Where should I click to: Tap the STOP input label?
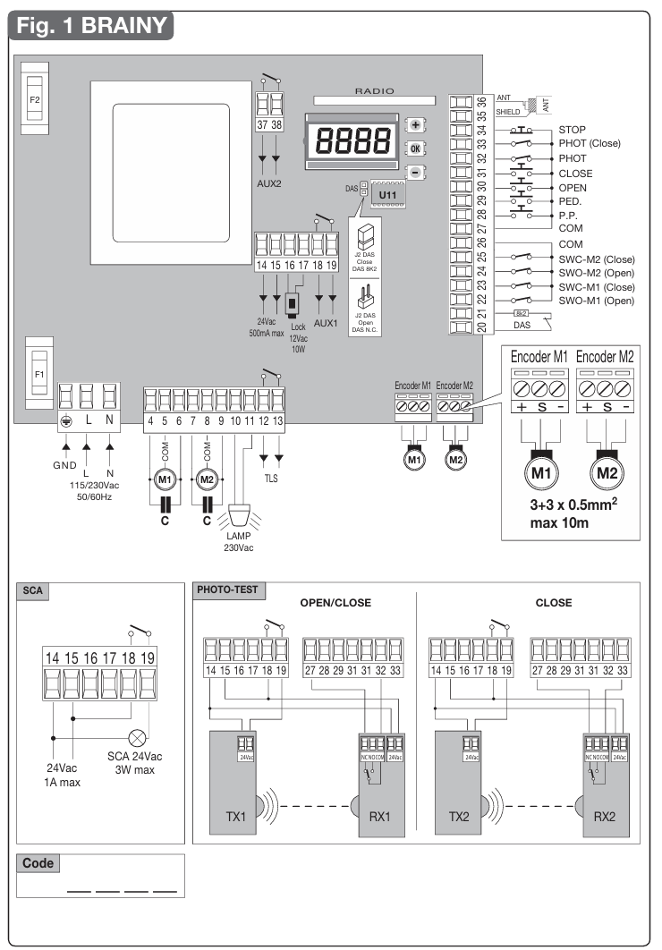pos(573,130)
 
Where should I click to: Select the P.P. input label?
pos(568,216)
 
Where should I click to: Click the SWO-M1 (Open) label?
pos(595,301)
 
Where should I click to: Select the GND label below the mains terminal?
pos(64,466)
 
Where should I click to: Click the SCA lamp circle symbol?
pos(139,739)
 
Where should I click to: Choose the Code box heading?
pos(38,864)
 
